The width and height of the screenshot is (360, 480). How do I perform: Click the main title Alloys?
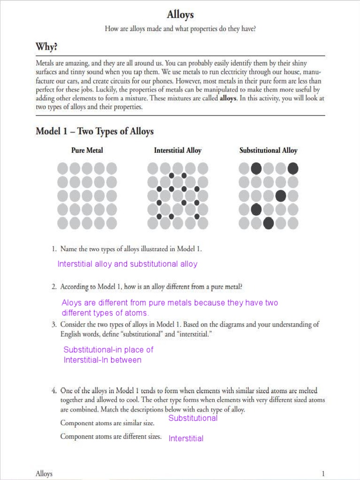coord(180,15)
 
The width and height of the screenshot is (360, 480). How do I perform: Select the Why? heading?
coord(47,47)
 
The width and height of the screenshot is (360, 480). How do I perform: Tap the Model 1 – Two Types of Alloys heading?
coord(95,131)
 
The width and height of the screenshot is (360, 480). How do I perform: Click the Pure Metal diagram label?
coord(87,150)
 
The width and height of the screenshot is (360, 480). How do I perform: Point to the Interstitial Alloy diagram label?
coord(178,150)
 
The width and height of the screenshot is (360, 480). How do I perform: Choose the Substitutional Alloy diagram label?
coord(268,150)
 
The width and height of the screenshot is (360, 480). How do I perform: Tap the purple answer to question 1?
coord(127,264)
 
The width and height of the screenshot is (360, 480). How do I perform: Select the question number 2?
coord(54,286)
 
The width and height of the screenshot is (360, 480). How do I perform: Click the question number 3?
coord(54,324)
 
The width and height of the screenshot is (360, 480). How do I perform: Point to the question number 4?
coord(54,390)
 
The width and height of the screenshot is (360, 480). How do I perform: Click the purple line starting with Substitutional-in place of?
coord(108,350)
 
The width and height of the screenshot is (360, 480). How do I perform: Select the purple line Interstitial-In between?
coord(102,360)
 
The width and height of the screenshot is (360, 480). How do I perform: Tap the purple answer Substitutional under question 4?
coord(193,418)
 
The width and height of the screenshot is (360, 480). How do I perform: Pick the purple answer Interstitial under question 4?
coord(186,439)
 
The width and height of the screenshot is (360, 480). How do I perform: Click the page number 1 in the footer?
coord(323,473)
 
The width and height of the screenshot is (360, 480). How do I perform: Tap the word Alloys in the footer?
coord(44,473)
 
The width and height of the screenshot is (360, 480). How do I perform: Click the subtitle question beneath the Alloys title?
coord(180,29)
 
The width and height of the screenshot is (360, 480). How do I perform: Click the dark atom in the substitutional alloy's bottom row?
coord(268,223)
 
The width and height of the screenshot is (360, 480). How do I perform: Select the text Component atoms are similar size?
coord(107,423)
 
